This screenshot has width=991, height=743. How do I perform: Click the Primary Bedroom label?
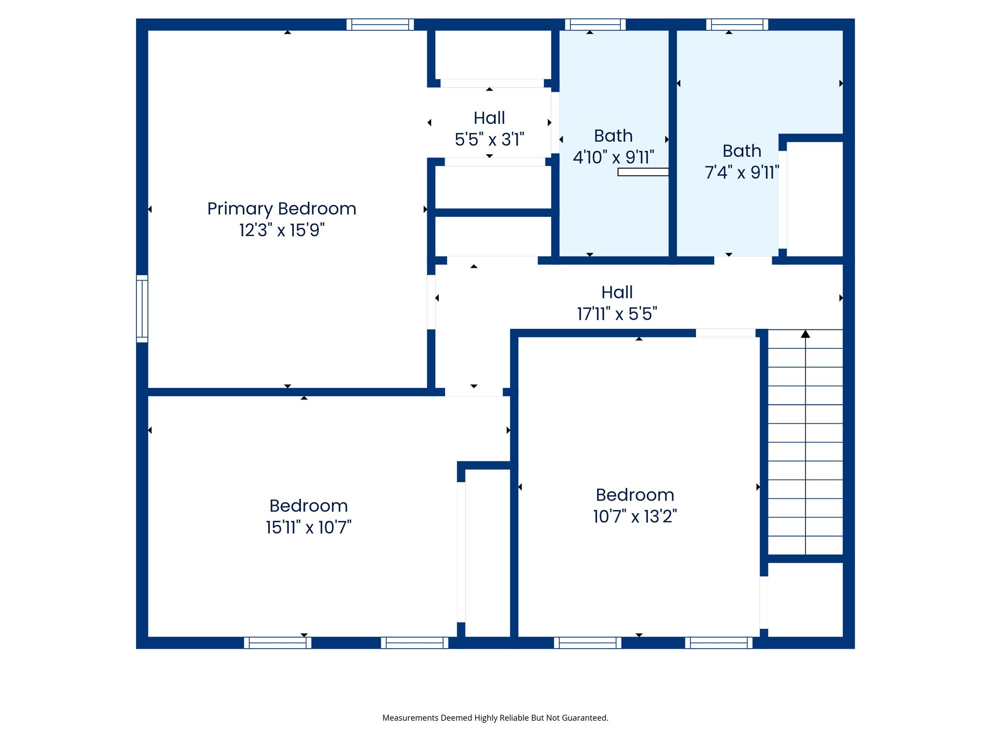[282, 209]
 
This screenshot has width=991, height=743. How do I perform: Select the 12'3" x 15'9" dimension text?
[282, 230]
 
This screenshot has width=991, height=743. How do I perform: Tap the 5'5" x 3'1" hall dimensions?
[489, 140]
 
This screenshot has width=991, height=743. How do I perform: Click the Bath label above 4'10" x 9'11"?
[613, 136]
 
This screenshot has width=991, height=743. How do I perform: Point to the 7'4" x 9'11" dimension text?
[742, 172]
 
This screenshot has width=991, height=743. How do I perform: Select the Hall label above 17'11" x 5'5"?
[617, 292]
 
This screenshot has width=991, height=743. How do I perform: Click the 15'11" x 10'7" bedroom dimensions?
[308, 527]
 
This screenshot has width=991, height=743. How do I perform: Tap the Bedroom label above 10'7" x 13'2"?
[635, 495]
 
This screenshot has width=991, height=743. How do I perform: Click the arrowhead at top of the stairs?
[805, 334]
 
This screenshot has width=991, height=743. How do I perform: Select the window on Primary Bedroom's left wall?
[142, 309]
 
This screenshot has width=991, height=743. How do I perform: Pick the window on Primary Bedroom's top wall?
[380, 24]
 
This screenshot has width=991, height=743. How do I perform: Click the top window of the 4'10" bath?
[595, 24]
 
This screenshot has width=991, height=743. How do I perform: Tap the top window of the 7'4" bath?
[737, 24]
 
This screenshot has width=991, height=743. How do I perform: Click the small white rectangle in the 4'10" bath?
[643, 172]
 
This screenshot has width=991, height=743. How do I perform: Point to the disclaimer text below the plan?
[495, 718]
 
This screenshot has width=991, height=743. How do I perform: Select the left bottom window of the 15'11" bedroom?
[277, 643]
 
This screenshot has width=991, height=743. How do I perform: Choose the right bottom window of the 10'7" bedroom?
[719, 643]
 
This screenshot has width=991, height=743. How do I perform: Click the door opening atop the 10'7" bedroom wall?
[725, 333]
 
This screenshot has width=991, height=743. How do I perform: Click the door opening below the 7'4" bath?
[743, 260]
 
